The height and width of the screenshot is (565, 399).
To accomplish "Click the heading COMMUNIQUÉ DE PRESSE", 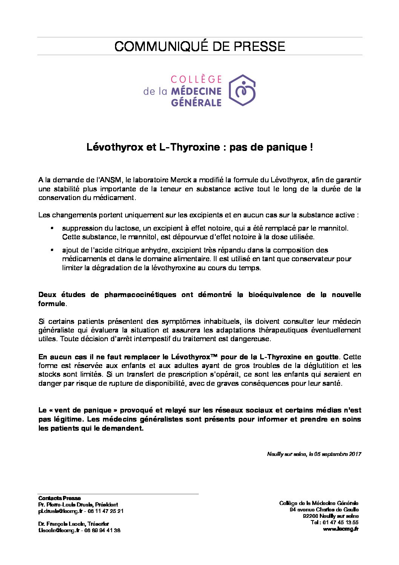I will [x=199, y=46].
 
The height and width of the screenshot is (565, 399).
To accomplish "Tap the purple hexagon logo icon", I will [x=242, y=90].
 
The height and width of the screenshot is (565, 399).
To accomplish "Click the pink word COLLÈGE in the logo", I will [x=196, y=79].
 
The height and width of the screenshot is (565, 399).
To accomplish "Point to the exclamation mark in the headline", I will [x=311, y=147].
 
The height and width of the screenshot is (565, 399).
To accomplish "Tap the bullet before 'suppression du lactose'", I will [x=52, y=228].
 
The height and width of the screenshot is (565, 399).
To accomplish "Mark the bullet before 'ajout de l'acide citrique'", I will [x=52, y=250].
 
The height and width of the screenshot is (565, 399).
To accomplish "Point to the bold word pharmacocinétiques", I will [x=140, y=295].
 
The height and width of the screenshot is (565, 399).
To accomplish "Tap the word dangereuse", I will [x=255, y=339].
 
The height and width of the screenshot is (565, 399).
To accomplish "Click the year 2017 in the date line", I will [x=355, y=454].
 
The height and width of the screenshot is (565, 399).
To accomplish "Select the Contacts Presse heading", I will [x=59, y=498].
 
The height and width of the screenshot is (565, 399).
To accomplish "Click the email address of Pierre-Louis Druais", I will [x=60, y=511].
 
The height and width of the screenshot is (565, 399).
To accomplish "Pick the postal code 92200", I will [x=310, y=516].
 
